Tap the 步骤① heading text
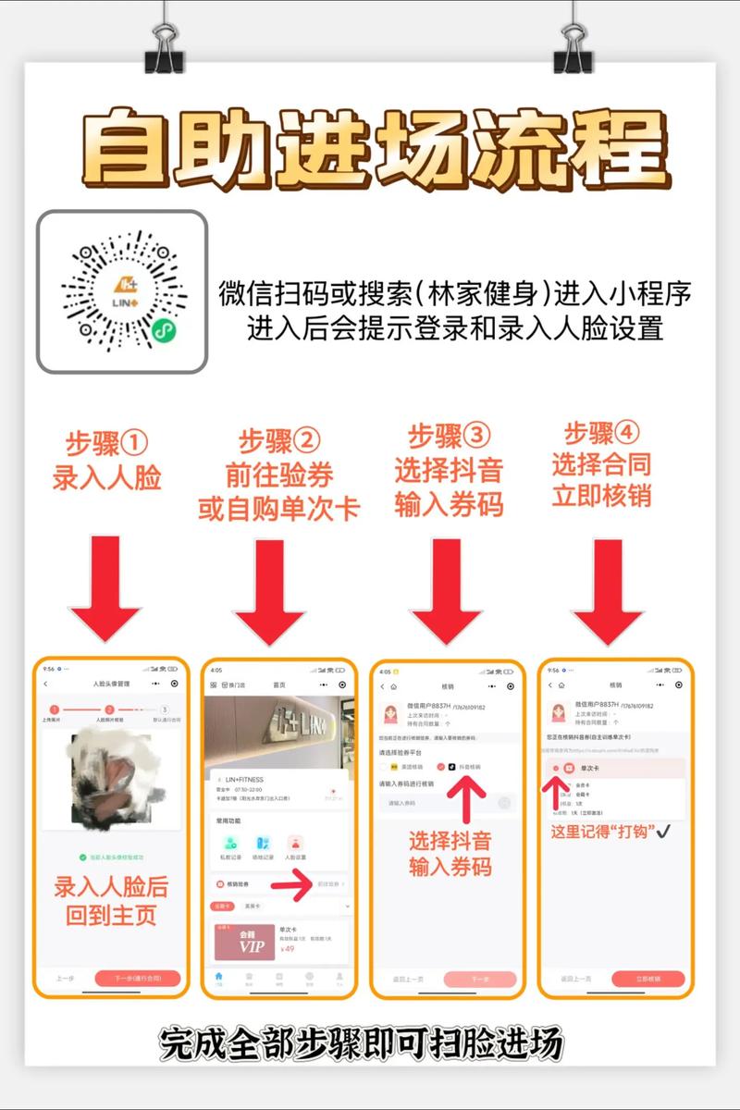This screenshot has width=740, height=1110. tap(106, 443)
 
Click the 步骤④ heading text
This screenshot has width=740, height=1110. tap(602, 432)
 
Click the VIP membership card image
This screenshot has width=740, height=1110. tap(244, 942)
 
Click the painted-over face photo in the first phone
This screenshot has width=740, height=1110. tap(112, 775)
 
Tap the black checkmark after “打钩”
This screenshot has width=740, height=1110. tap(662, 832)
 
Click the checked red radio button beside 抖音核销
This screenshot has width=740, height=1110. tap(441, 767)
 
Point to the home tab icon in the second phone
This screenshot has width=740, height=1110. tap(218, 976)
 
